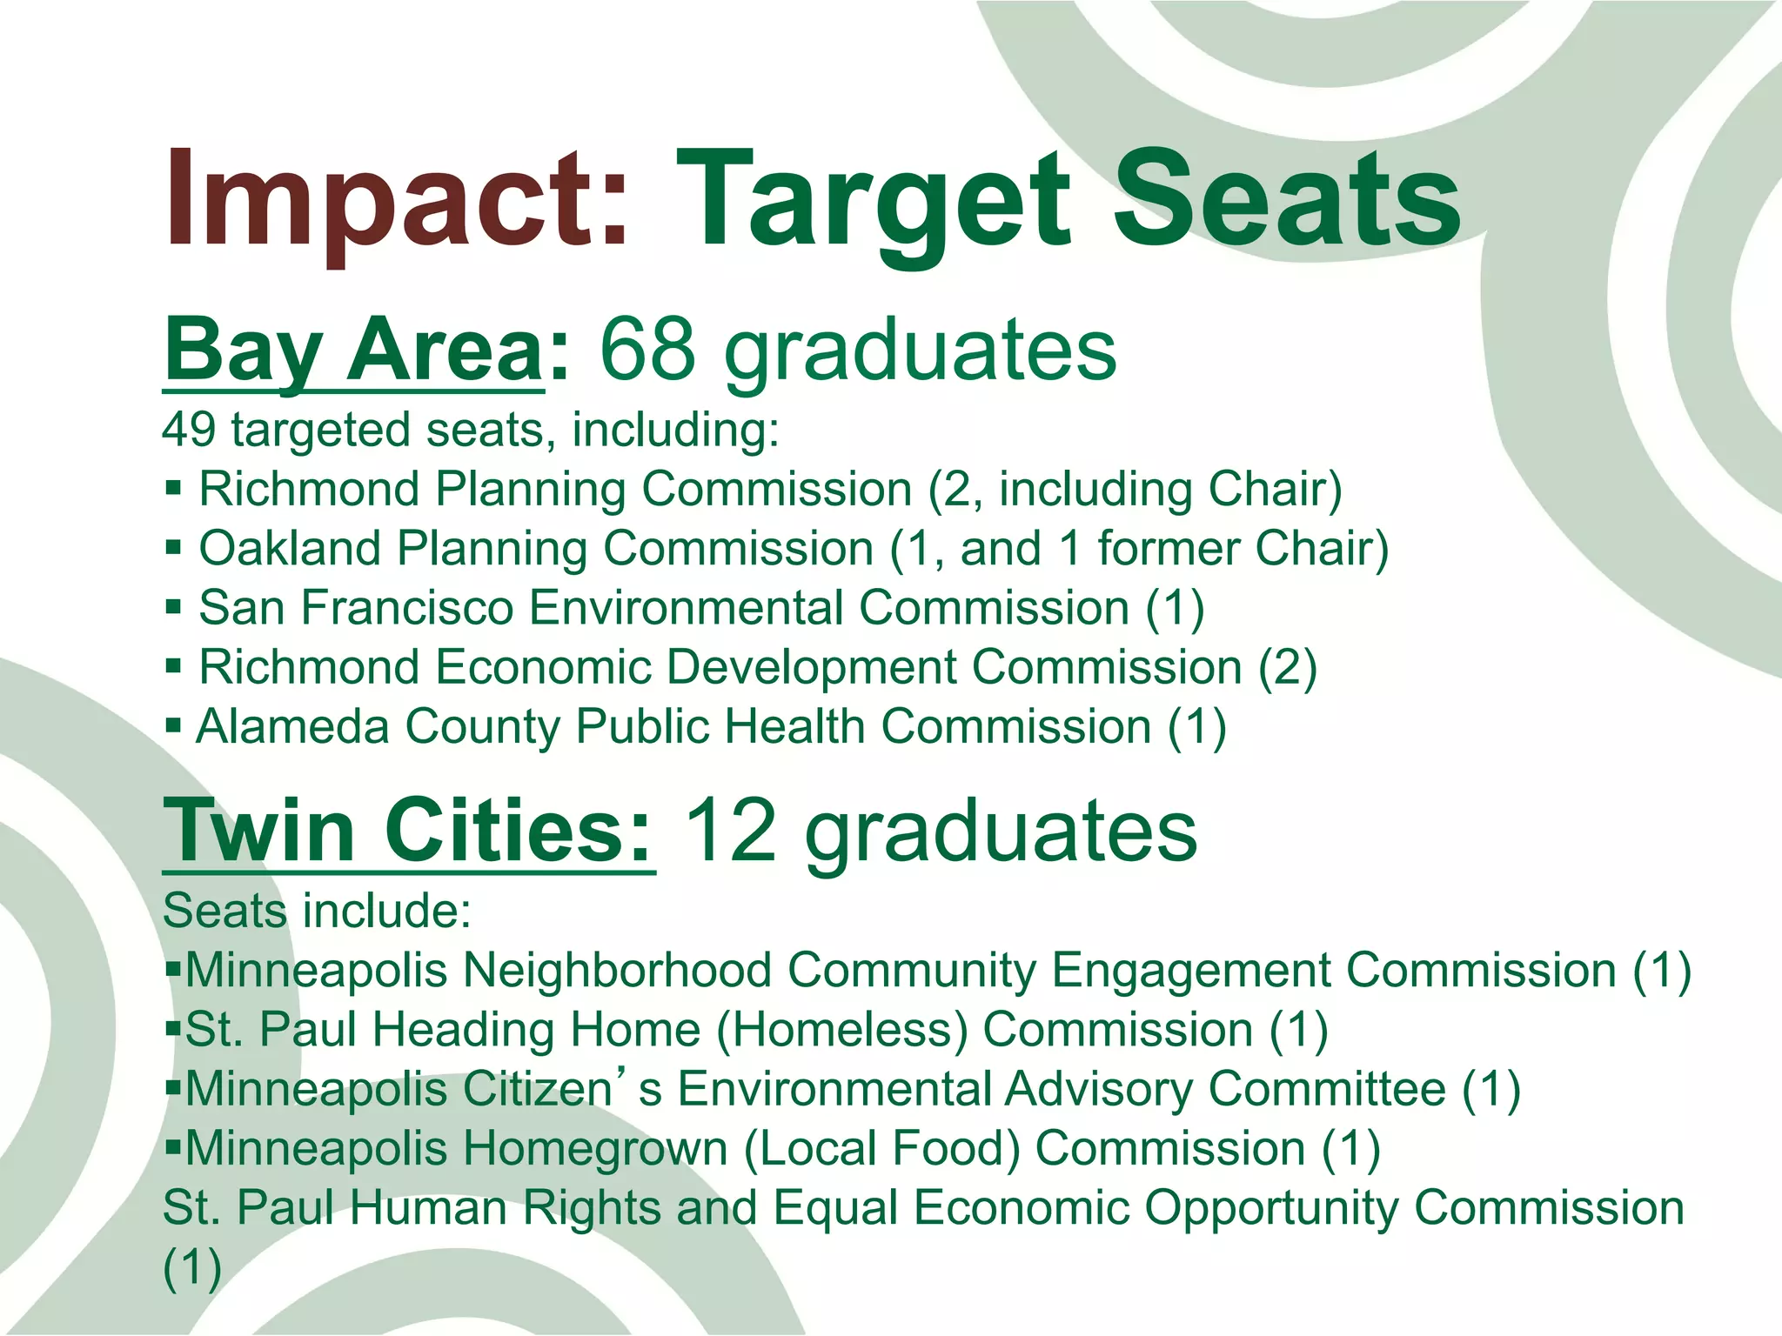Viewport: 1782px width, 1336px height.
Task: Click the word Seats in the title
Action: pos(1287,202)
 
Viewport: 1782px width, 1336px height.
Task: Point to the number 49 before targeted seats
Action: pos(189,430)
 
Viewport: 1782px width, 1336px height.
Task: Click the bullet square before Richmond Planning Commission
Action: pos(173,490)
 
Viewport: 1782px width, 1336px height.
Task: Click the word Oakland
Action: pos(290,549)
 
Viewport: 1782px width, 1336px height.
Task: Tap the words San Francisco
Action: pos(356,608)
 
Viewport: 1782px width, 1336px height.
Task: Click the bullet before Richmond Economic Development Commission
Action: pos(173,668)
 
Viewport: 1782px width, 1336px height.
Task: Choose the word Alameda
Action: pos(292,727)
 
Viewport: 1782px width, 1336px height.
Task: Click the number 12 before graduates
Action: pos(729,831)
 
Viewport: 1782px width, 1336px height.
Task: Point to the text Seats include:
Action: pos(317,912)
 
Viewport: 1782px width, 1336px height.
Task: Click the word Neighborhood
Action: pos(617,971)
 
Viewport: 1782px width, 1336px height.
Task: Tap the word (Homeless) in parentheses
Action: pos(841,1030)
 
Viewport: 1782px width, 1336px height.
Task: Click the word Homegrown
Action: pos(595,1149)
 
